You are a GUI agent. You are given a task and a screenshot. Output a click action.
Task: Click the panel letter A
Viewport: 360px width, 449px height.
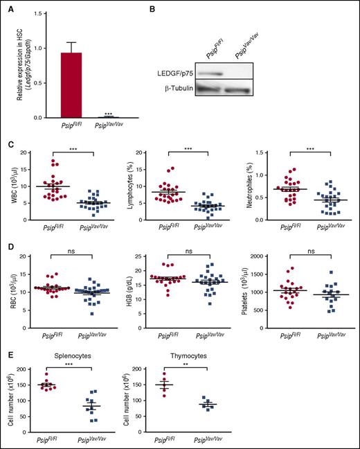(x=10, y=9)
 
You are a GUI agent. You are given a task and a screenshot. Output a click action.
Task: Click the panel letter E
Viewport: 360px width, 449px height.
(x=10, y=352)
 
